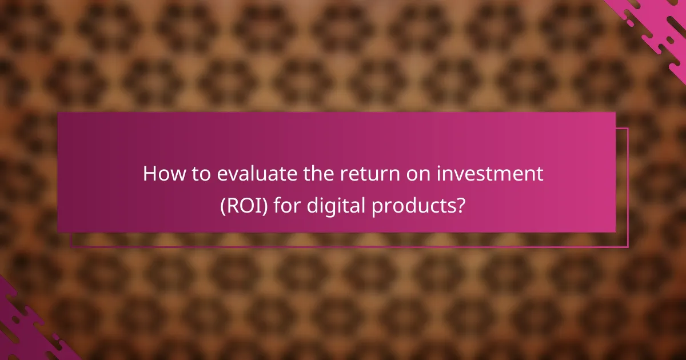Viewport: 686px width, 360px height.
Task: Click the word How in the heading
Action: click(x=162, y=174)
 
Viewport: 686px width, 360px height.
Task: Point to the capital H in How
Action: click(x=149, y=174)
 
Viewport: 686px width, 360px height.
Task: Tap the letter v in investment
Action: click(x=452, y=175)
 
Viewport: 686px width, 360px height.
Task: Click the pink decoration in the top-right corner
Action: click(x=657, y=23)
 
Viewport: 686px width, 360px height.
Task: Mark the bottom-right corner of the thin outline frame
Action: click(x=628, y=247)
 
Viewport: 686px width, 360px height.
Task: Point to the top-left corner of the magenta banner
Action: click(x=58, y=113)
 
